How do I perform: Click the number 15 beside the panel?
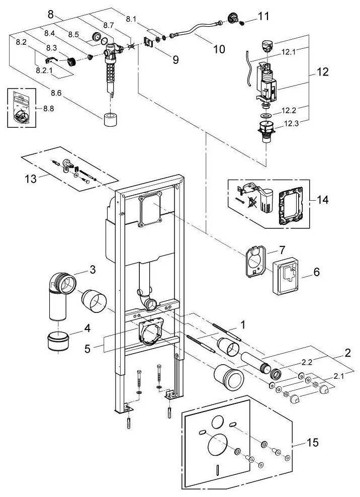pyautogui.click(x=312, y=443)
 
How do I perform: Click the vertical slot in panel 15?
pyautogui.click(x=217, y=470)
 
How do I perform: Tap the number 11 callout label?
pyautogui.click(x=263, y=16)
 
